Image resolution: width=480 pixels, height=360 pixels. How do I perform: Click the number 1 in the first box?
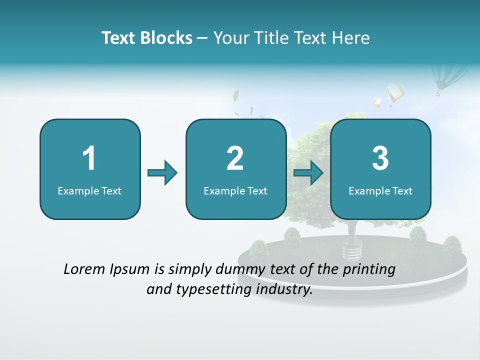tap(89, 158)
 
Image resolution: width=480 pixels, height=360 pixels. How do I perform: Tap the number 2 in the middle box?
tap(235, 158)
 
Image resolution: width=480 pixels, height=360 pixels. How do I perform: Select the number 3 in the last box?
tap(380, 158)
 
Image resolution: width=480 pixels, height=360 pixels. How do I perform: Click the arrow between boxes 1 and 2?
tap(162, 173)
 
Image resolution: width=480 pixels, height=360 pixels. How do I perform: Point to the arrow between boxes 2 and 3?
tap(308, 173)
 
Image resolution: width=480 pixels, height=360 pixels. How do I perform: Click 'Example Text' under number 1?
tap(89, 190)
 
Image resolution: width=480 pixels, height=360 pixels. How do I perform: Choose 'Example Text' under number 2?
tap(235, 190)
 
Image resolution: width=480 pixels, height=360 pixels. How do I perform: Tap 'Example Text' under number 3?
tap(380, 190)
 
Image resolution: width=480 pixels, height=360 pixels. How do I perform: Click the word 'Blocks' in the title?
tap(166, 38)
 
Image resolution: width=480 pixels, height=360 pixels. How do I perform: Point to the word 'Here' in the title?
tap(351, 38)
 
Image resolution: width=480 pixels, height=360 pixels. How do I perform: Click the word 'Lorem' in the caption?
tap(84, 269)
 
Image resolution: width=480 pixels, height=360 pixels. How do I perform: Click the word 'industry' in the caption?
tap(284, 289)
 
